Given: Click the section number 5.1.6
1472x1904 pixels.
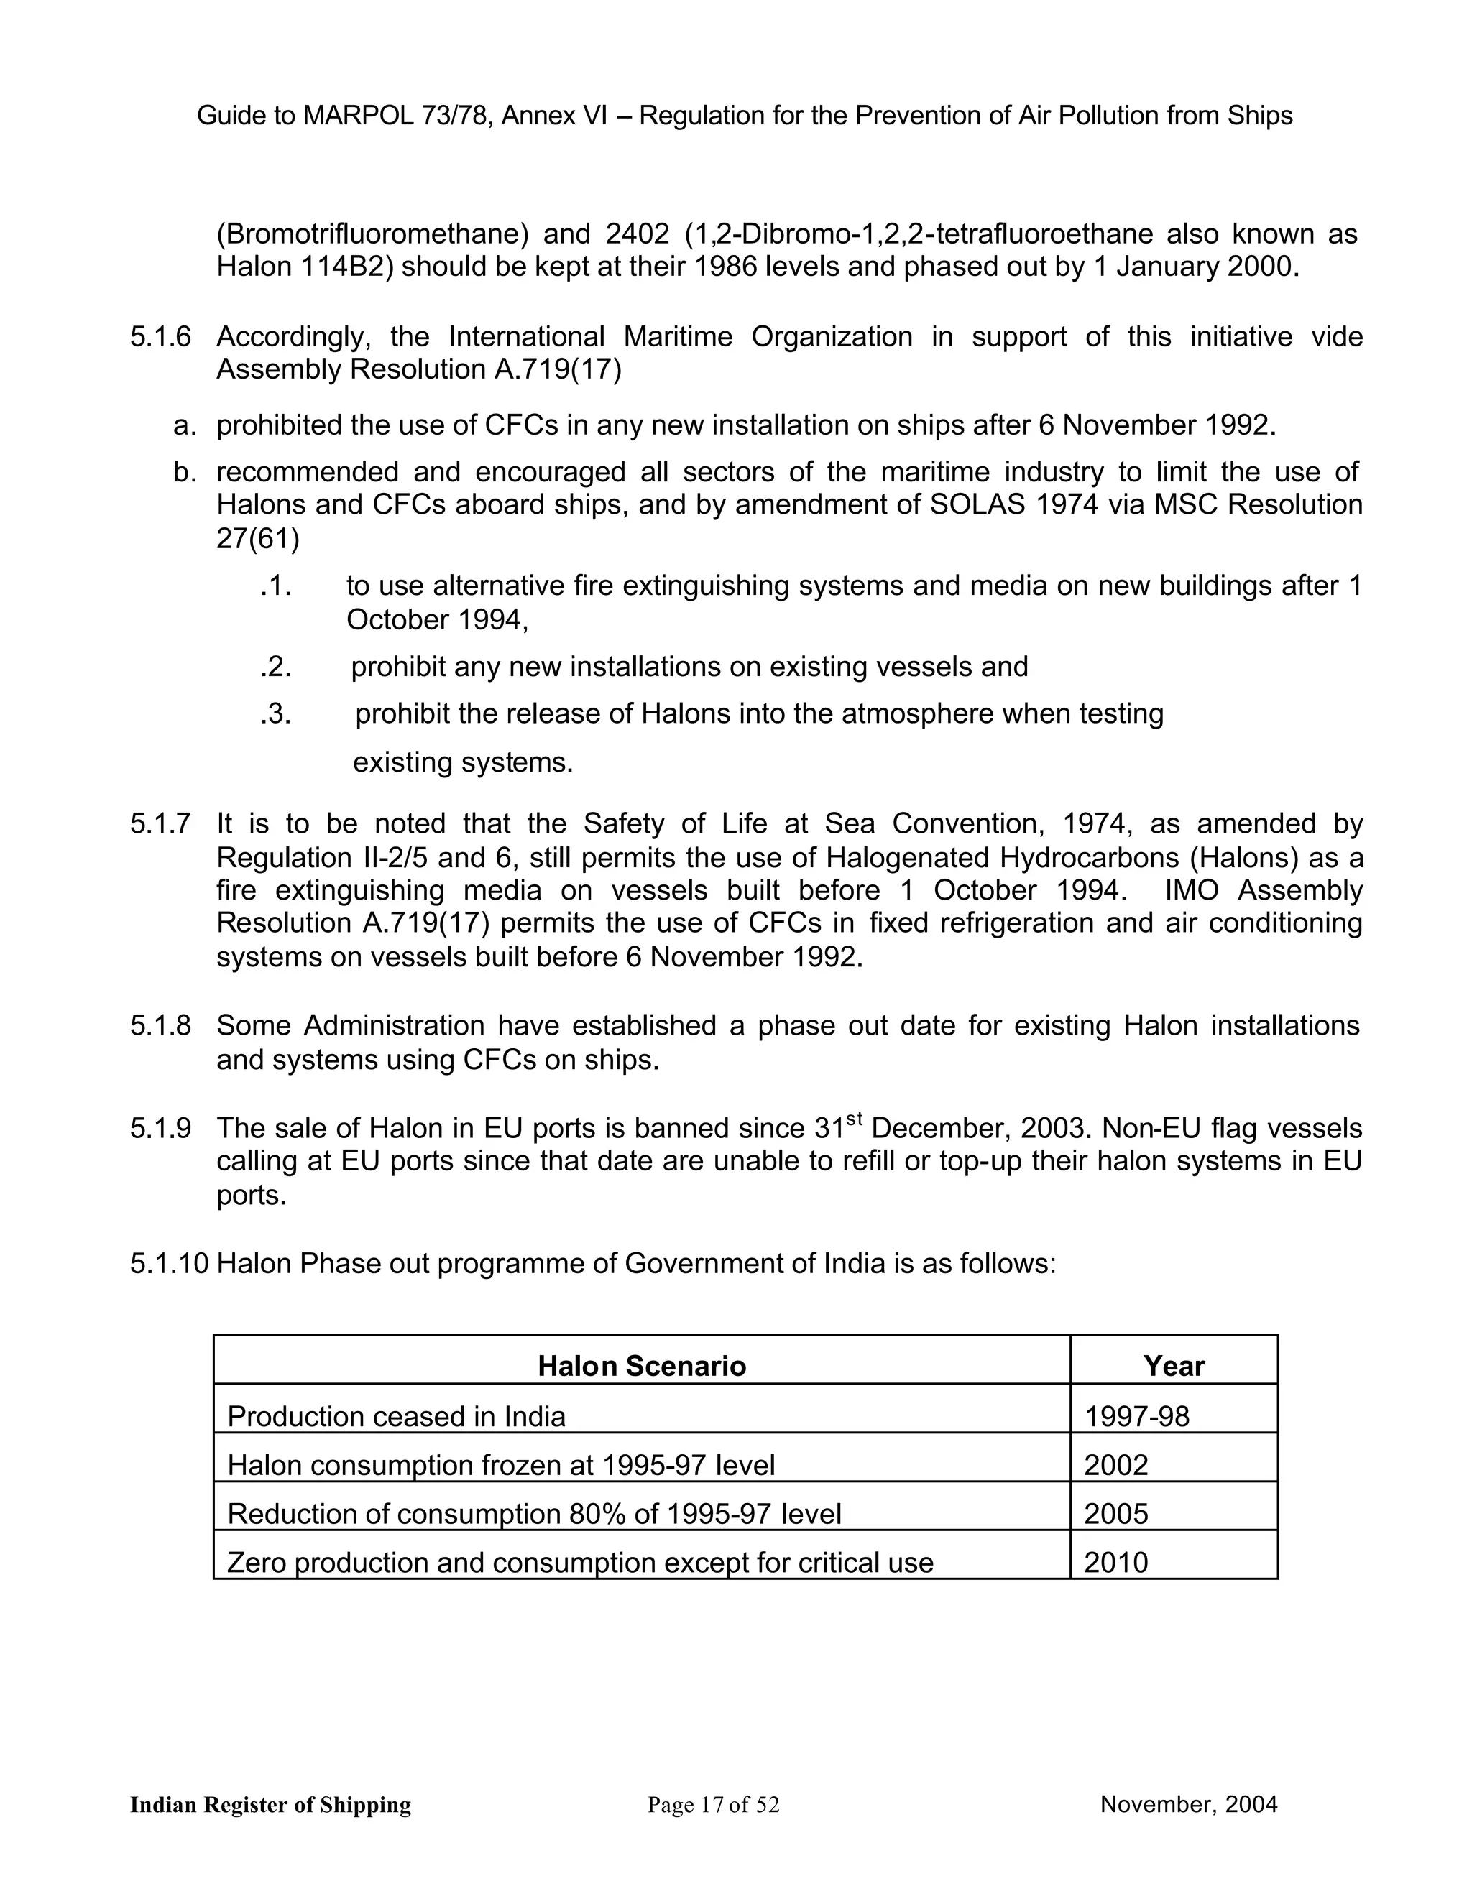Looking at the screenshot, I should pos(160,338).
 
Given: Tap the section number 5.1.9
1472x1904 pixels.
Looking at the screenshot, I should pos(160,1129).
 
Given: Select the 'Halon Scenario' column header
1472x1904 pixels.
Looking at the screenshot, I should pos(641,1365).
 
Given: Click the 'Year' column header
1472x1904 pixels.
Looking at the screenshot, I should pos(1174,1365).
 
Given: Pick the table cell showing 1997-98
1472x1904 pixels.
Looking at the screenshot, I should pos(1136,1416).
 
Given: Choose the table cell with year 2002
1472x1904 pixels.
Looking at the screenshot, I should pos(1115,1464).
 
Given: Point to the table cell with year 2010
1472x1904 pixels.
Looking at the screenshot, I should pos(1115,1562).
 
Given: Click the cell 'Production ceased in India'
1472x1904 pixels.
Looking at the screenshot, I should pos(396,1416).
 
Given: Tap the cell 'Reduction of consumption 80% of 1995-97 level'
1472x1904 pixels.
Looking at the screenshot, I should pos(534,1513).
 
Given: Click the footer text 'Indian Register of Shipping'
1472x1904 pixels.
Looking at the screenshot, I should pos(270,1805).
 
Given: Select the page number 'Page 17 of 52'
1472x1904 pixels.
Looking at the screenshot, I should pos(713,1805).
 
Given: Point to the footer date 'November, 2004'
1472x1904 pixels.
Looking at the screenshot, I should pos(1189,1803).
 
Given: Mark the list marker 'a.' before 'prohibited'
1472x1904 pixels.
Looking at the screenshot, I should pos(183,425).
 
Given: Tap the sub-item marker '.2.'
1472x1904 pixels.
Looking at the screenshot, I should pos(275,667).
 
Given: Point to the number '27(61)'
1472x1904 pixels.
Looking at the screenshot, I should pos(257,540).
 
